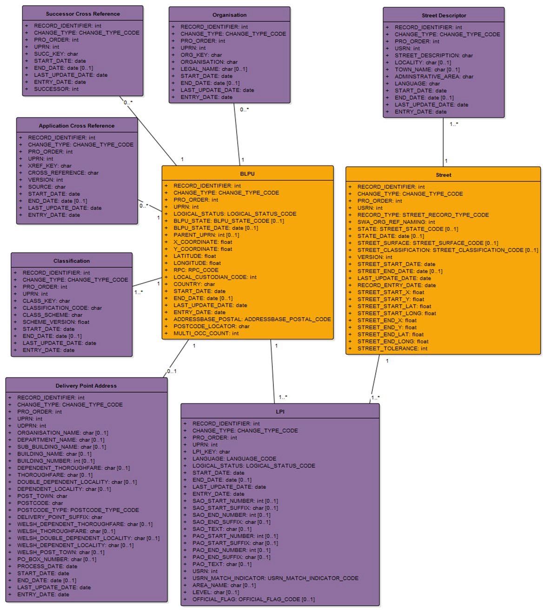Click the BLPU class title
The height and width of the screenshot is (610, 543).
(247, 174)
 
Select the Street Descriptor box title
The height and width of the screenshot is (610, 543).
(444, 15)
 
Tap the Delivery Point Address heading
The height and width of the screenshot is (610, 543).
(86, 386)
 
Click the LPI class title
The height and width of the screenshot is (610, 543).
(280, 411)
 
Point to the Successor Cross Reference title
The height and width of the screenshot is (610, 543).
(83, 14)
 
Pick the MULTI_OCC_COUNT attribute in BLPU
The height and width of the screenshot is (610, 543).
(206, 333)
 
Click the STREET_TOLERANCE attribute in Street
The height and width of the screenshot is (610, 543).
(392, 348)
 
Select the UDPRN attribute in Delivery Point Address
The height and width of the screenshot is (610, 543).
(32, 425)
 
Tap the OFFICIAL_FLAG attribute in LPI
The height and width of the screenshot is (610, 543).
(253, 599)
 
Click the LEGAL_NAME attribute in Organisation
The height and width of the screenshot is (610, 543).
(213, 69)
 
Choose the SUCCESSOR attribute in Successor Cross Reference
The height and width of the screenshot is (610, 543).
(56, 89)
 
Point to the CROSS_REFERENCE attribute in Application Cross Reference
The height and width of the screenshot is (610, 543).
(63, 172)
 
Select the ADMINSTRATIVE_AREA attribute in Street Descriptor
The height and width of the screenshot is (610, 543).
(434, 76)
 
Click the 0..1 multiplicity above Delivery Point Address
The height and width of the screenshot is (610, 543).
(172, 371)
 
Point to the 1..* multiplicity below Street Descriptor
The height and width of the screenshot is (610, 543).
(454, 124)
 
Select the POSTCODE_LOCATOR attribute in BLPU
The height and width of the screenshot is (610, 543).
(211, 326)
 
